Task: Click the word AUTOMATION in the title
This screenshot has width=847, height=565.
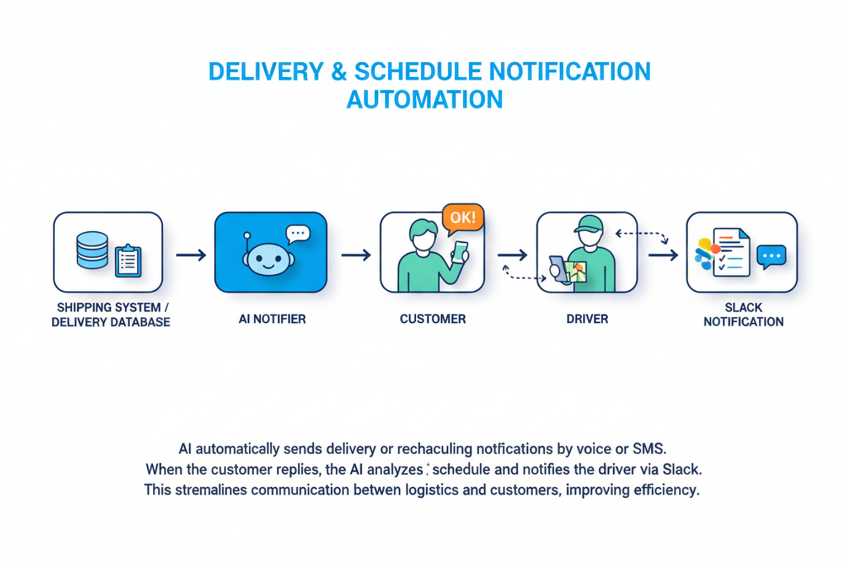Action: (x=424, y=100)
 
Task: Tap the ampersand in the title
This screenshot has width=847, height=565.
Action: (x=339, y=72)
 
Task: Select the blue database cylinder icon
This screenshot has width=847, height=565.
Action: (x=92, y=250)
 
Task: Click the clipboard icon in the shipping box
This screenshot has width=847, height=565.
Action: (x=128, y=260)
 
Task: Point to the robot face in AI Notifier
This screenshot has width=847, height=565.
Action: (x=267, y=260)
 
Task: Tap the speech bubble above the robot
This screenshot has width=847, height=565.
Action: (x=298, y=233)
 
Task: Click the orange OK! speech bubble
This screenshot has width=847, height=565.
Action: (x=462, y=217)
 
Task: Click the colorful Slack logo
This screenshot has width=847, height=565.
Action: (x=704, y=254)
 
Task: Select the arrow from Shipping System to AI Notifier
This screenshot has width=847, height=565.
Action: (x=191, y=255)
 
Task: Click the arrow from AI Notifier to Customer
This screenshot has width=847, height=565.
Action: (x=356, y=255)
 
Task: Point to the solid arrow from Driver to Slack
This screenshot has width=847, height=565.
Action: (x=663, y=255)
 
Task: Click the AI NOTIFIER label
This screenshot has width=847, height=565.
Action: (x=272, y=319)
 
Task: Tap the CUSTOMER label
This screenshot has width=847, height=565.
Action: (x=433, y=319)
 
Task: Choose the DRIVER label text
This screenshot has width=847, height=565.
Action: (x=587, y=319)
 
